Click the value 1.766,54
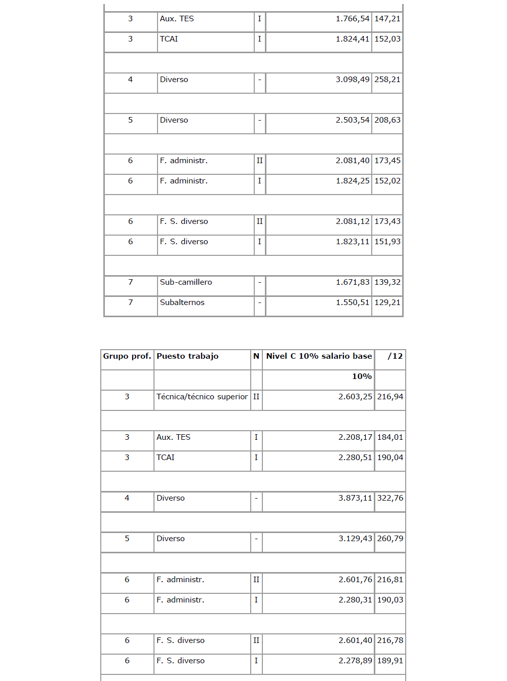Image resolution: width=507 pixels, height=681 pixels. pyautogui.click(x=353, y=19)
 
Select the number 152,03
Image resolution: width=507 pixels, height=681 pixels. pyautogui.click(x=387, y=39)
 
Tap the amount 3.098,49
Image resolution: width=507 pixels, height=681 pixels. pyautogui.click(x=353, y=80)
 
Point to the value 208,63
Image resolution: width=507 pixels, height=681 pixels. pyautogui.click(x=387, y=120)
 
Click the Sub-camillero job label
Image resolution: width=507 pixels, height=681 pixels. pyautogui.click(x=186, y=282)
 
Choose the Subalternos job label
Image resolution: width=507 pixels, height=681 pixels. pyautogui.click(x=182, y=302)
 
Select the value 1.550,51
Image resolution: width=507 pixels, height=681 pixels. pyautogui.click(x=353, y=302)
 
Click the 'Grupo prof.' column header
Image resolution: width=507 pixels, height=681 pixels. pyautogui.click(x=127, y=356)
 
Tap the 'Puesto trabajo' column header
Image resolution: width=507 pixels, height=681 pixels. pyautogui.click(x=187, y=356)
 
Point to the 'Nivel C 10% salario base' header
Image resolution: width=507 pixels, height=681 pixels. pyautogui.click(x=319, y=356)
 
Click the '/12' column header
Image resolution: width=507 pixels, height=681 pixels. pyautogui.click(x=395, y=356)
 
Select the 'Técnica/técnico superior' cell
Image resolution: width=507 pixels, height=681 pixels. pyautogui.click(x=202, y=397)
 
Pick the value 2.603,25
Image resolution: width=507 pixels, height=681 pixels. pyautogui.click(x=355, y=397)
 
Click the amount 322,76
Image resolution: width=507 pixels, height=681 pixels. pyautogui.click(x=391, y=498)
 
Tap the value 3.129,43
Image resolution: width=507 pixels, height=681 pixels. pyautogui.click(x=355, y=539)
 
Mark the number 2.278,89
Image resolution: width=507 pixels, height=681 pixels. pyautogui.click(x=355, y=661)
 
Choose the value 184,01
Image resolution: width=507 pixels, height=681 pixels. pyautogui.click(x=391, y=437)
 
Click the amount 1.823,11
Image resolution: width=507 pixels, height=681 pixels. pyautogui.click(x=353, y=242)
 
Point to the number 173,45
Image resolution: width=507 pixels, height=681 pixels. pyautogui.click(x=387, y=161)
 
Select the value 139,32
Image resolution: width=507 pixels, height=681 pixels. pyautogui.click(x=387, y=282)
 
